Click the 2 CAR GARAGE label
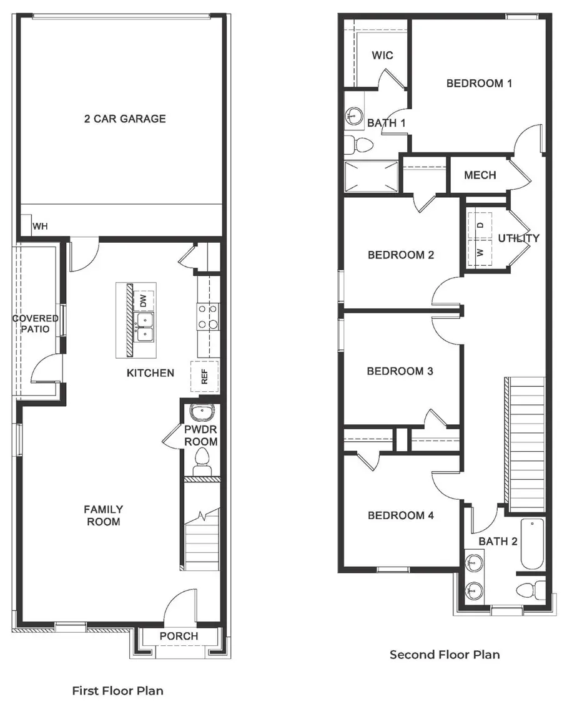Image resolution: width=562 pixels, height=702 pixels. [125, 119]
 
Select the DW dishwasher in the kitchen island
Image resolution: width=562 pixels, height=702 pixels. [144, 301]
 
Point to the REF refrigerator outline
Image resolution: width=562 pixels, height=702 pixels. [204, 377]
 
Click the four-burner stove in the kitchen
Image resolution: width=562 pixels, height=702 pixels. [207, 316]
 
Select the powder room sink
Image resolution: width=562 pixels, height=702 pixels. [202, 412]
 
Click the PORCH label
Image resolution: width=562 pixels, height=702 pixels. [179, 636]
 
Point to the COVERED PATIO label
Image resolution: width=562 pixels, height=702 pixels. [36, 324]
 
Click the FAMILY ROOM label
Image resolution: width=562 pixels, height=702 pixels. [104, 515]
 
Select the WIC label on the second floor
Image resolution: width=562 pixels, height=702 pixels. [382, 56]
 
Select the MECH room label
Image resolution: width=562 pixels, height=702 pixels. [480, 175]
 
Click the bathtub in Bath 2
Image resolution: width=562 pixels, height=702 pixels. [531, 544]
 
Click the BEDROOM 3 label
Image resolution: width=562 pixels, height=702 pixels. [400, 371]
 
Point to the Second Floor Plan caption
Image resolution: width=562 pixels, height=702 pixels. [445, 655]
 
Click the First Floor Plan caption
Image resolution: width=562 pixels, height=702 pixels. [118, 691]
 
